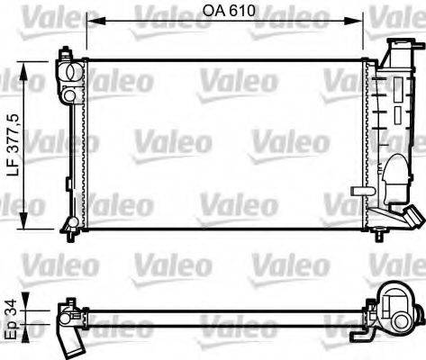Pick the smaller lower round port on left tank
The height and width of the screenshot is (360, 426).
click(x=68, y=95)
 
